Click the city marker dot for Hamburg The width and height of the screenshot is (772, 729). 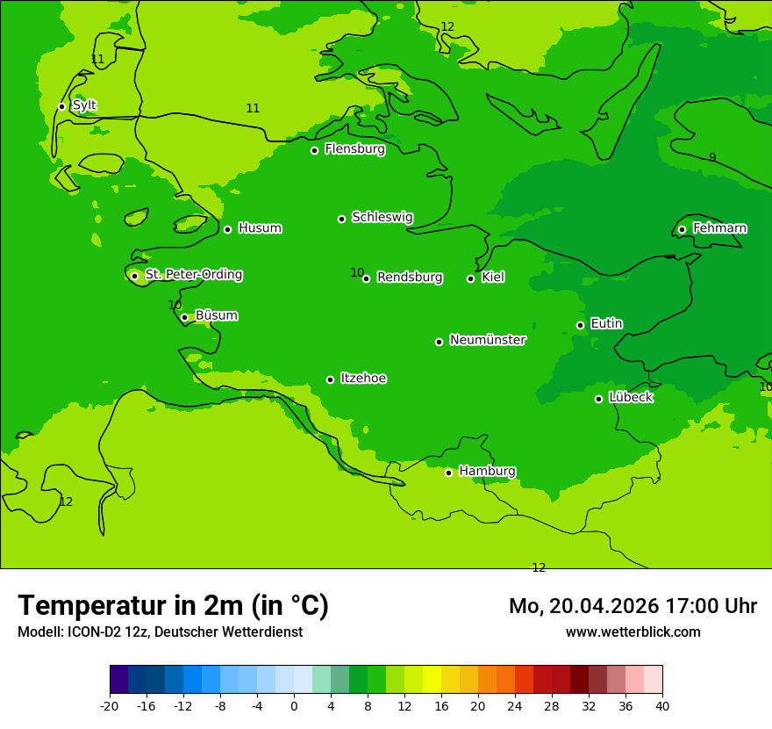click(448, 473)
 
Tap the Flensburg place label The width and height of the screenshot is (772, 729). click(354, 149)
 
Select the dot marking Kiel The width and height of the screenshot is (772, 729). click(470, 278)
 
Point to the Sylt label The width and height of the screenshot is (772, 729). click(84, 105)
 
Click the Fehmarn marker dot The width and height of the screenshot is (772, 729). click(682, 229)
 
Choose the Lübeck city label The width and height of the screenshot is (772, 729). click(630, 397)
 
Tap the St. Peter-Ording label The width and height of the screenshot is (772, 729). click(193, 274)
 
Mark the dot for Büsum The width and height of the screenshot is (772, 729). click(184, 317)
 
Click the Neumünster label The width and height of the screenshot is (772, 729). click(487, 340)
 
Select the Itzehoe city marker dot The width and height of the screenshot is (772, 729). click(330, 379)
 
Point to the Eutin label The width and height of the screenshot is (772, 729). click(606, 323)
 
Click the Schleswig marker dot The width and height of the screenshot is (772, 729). click(341, 219)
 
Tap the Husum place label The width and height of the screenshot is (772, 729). click(260, 228)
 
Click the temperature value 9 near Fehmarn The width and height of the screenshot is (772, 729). click(712, 157)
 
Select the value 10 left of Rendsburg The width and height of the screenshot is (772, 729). click(357, 272)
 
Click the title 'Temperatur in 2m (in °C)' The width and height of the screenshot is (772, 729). click(173, 606)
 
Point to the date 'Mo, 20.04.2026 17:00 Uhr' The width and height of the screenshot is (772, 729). click(633, 606)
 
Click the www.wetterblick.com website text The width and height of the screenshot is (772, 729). click(633, 632)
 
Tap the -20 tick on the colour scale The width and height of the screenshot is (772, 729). click(110, 706)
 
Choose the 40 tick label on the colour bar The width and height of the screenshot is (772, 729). click(662, 706)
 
